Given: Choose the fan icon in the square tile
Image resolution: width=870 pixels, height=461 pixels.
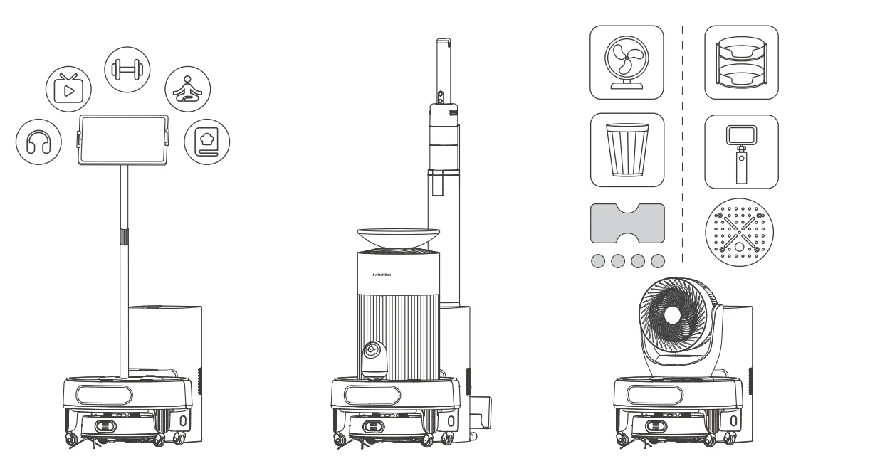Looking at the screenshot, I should [627, 63].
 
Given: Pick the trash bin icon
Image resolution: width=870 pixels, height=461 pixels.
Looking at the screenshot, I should [627, 151].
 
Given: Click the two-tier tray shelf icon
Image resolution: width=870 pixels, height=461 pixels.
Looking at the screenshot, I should [741, 63].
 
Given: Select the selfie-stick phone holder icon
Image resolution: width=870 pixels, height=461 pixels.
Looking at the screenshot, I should [741, 151].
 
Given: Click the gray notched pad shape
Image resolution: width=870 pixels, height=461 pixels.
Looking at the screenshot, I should [627, 223].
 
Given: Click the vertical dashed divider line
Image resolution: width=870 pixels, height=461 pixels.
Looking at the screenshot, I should [683, 142].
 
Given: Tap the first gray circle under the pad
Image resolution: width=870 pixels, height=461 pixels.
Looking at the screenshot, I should [599, 261].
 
